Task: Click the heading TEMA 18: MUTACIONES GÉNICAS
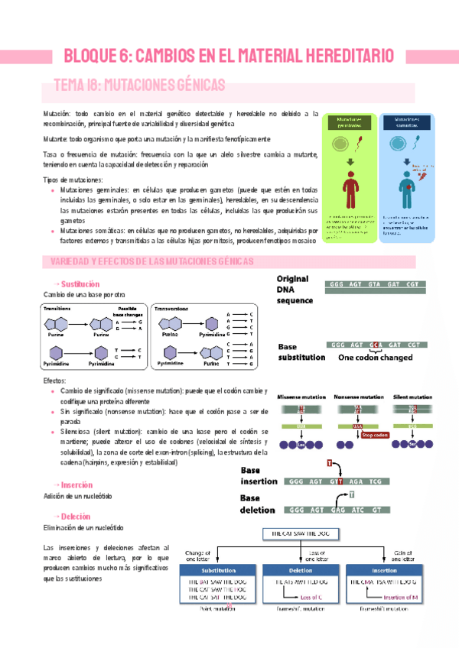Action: point(138,84)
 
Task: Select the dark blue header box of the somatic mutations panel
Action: point(405,122)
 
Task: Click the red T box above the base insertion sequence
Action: point(330,463)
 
